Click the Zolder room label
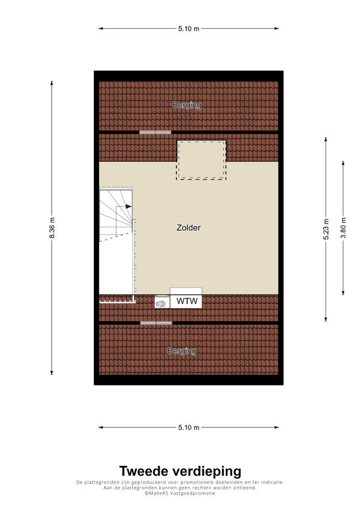click(x=188, y=228)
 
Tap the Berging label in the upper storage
click(x=187, y=106)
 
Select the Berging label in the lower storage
click(x=182, y=351)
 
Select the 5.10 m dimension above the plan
click(x=188, y=28)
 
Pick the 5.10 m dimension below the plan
click(x=188, y=427)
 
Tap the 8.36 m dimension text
click(x=52, y=228)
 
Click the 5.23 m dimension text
click(x=326, y=228)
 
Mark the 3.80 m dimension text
click(x=343, y=228)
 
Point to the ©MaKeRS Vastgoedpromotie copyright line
click(x=180, y=493)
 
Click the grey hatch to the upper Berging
click(x=155, y=132)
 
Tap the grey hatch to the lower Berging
click(x=156, y=323)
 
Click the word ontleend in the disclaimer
click(x=244, y=487)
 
